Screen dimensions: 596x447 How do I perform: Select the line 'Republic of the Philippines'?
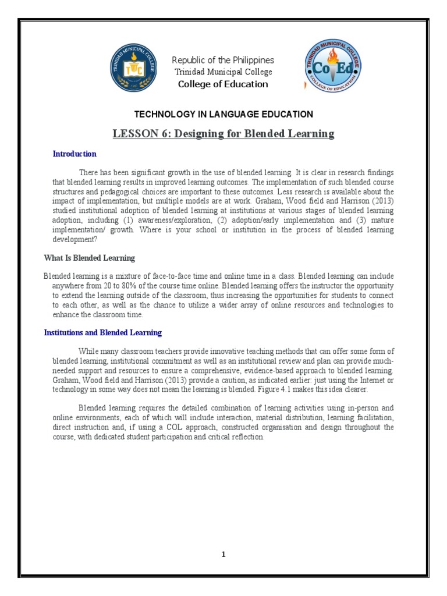[x=223, y=61]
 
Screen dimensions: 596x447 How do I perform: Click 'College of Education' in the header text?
[x=223, y=84]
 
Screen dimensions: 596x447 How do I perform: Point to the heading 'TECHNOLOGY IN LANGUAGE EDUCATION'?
[x=224, y=115]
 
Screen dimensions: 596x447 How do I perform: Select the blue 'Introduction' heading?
[x=74, y=154]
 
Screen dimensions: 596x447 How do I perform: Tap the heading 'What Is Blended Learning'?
[x=90, y=258]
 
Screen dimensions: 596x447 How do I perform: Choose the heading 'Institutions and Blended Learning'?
[x=103, y=333]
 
